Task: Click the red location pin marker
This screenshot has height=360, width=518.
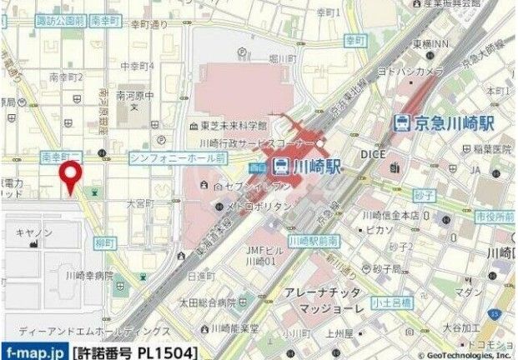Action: [72, 177]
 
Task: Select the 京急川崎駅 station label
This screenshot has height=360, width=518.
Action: [455, 122]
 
